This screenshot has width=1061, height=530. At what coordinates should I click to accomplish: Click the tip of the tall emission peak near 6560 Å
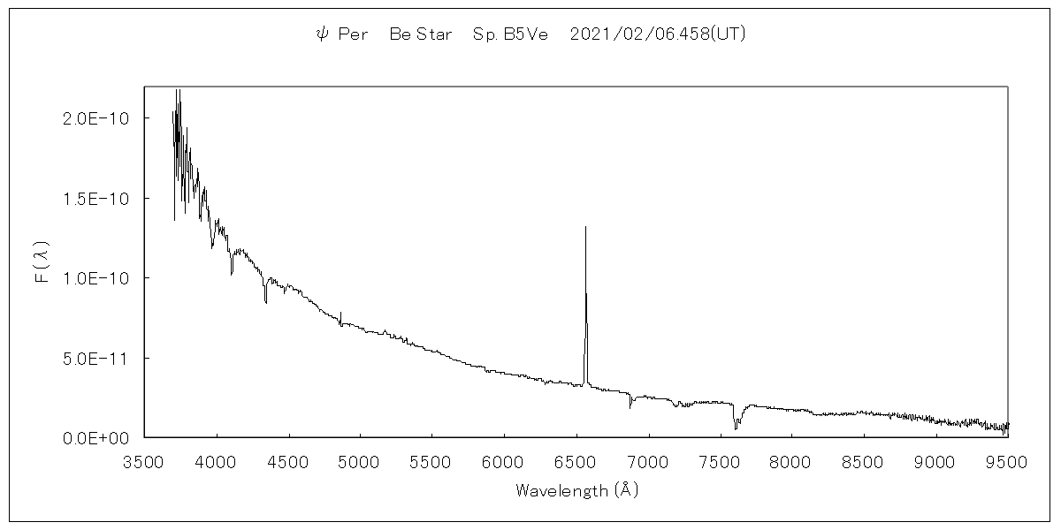click(585, 228)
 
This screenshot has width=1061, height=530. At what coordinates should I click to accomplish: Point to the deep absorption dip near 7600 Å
click(735, 428)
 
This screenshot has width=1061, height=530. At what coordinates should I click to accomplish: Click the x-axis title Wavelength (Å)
click(576, 490)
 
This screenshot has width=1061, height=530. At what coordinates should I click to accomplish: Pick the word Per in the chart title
click(354, 34)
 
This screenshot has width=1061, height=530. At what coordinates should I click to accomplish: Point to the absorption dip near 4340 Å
click(265, 301)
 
